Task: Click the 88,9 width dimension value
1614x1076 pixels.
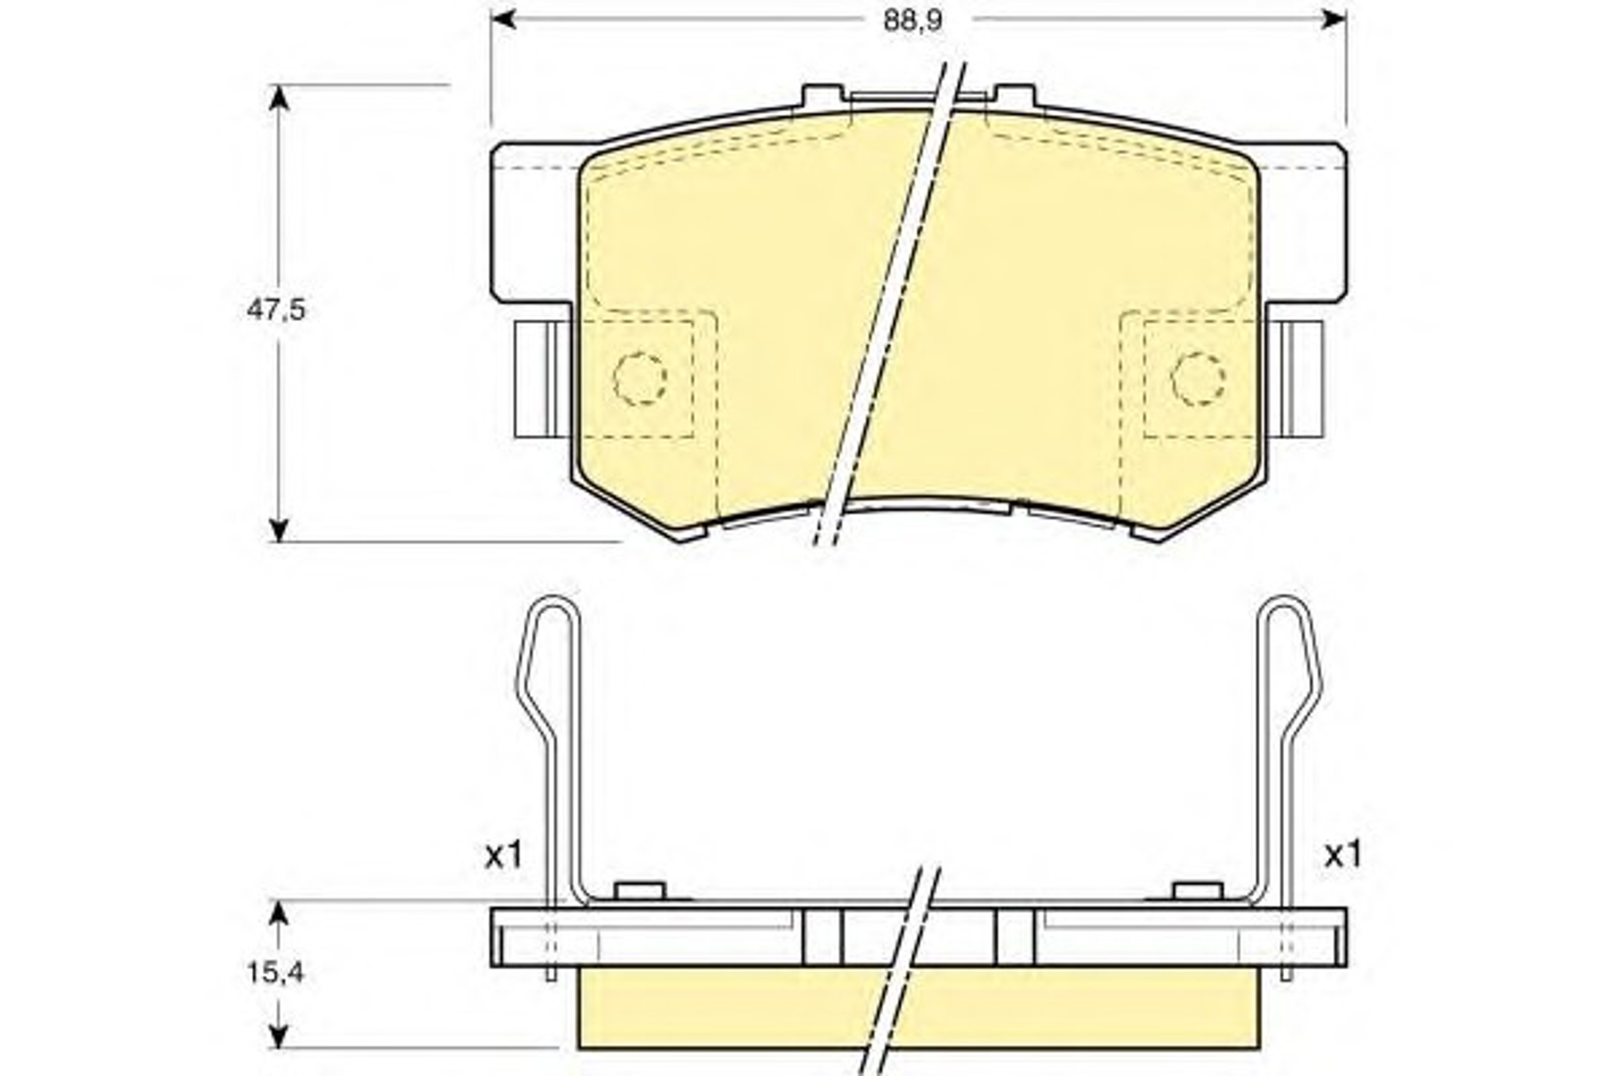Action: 913,22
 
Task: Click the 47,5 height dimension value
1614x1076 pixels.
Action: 276,311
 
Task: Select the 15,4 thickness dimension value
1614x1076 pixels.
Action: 275,972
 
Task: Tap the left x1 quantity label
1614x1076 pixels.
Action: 504,855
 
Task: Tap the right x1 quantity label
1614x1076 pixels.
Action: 1343,855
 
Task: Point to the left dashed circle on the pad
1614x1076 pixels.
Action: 640,379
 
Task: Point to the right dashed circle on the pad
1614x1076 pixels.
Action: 1198,379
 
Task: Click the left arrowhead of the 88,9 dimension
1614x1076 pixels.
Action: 504,20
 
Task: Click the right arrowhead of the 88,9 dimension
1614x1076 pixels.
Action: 1334,20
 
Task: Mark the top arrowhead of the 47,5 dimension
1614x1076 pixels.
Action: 278,98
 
